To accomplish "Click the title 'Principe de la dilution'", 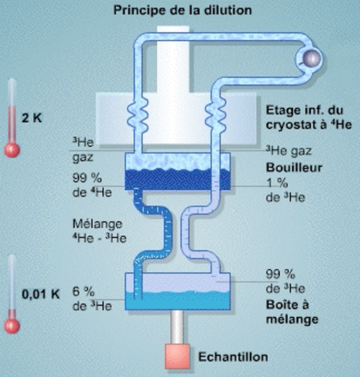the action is click(x=183, y=11).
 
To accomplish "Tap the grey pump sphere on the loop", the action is click(x=311, y=58).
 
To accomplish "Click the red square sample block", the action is click(x=177, y=356).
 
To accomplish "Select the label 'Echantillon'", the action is click(x=233, y=357).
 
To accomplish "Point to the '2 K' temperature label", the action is click(x=32, y=118).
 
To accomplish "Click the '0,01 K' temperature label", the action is click(x=40, y=294).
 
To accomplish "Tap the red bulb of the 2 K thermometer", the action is click(x=12, y=150).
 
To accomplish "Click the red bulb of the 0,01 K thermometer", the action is click(x=12, y=326).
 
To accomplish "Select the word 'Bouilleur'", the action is click(x=294, y=168).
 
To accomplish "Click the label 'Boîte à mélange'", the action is click(x=292, y=312).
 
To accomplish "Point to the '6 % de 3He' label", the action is click(x=92, y=299).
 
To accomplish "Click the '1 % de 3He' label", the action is click(x=285, y=191).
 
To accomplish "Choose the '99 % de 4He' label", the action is click(x=92, y=186).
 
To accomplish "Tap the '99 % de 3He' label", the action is click(x=285, y=281).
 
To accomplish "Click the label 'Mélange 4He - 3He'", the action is click(x=99, y=231).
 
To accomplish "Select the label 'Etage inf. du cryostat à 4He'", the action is click(x=309, y=118).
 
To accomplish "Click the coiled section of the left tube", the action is click(x=138, y=115).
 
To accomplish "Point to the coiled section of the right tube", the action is click(x=215, y=115).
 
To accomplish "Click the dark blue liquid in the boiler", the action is click(x=178, y=180).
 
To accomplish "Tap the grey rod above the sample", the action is click(x=177, y=327).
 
